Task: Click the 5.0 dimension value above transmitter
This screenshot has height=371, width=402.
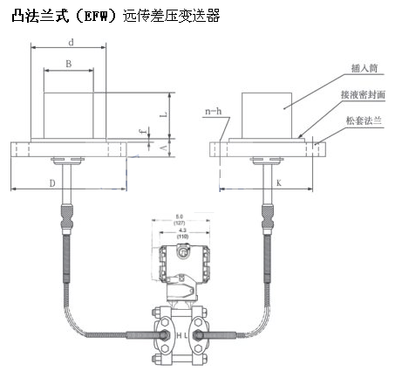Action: tap(181, 215)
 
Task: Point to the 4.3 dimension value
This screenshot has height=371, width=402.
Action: tap(180, 230)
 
